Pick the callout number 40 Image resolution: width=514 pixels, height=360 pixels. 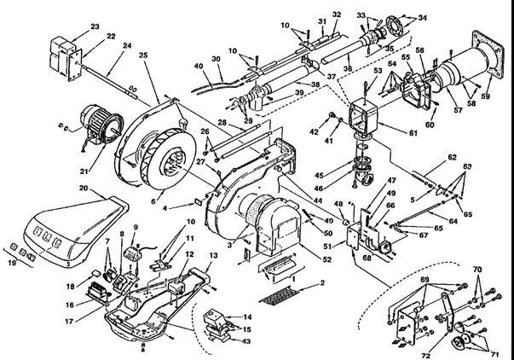tap(198, 66)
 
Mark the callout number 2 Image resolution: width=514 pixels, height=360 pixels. tap(322, 282)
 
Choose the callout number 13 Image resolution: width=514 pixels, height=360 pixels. tap(214, 256)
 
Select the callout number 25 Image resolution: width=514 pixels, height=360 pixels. tap(143, 55)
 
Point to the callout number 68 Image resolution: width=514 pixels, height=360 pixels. tap(367, 258)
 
